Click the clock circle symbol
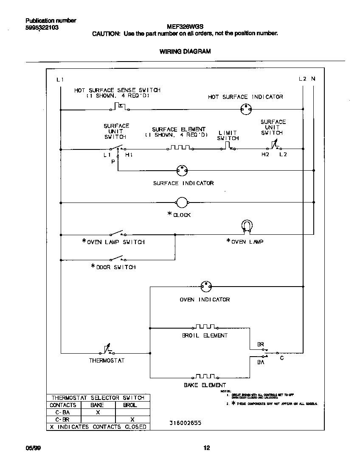pyautogui.click(x=182, y=203)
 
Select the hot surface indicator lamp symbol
pyautogui.click(x=244, y=109)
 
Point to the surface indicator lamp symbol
pyautogui.click(x=182, y=171)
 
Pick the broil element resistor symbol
pyautogui.click(x=205, y=327)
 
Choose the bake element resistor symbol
pyautogui.click(x=205, y=376)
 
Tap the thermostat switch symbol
pyautogui.click(x=107, y=350)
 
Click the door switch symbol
pyautogui.click(x=116, y=259)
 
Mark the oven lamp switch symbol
pyautogui.click(x=116, y=233)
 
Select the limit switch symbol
pyautogui.click(x=228, y=147)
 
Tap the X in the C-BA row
pyautogui.click(x=98, y=412)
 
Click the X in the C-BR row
pyautogui.click(x=132, y=419)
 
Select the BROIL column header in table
pyautogui.click(x=130, y=405)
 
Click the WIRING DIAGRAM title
pyautogui.click(x=185, y=51)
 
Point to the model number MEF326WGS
pyautogui.click(x=185, y=26)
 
